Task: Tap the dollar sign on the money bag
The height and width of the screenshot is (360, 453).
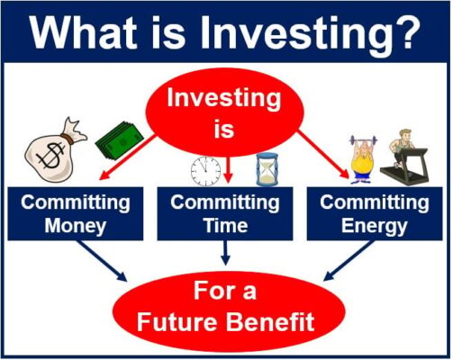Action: [x=51, y=156]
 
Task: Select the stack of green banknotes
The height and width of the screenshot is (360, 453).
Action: [x=120, y=140]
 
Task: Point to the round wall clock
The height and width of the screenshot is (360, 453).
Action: [x=205, y=171]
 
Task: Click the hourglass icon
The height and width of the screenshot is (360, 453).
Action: [x=267, y=169]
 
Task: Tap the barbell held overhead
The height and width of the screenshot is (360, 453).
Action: [x=363, y=139]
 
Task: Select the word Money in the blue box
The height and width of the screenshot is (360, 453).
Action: [x=76, y=226]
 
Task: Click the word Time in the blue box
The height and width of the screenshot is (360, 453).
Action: [x=226, y=225]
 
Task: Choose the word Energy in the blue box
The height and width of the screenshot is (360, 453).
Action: [x=374, y=226]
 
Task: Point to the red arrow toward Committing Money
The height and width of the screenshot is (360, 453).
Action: [x=127, y=157]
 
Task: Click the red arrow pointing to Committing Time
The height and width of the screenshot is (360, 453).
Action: [x=228, y=169]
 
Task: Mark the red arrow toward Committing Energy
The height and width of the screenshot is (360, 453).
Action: [x=323, y=155]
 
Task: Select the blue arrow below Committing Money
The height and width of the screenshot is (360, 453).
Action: [x=103, y=260]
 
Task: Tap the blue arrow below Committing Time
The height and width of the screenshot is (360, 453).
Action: [x=225, y=253]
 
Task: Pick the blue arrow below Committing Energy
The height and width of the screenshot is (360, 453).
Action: [x=349, y=260]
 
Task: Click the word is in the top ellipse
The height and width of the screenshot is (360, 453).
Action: [x=224, y=129]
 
